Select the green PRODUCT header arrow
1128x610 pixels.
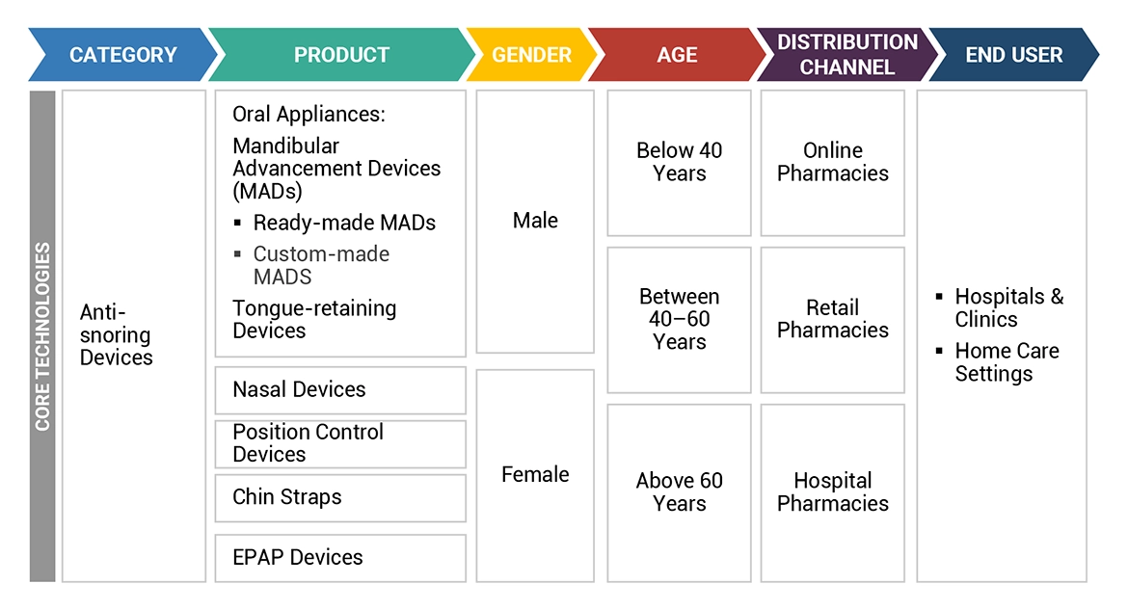click(x=341, y=55)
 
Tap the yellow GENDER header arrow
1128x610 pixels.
click(x=531, y=55)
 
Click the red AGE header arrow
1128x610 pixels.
click(x=677, y=55)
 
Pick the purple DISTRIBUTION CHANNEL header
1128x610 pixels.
click(x=835, y=55)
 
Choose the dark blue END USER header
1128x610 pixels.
click(x=1013, y=55)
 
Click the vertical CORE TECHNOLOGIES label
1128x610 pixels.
click(x=42, y=336)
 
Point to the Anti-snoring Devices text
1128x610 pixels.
click(x=116, y=335)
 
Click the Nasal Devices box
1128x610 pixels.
click(x=339, y=390)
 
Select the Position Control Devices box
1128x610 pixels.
click(x=339, y=443)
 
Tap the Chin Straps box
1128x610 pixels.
click(x=339, y=497)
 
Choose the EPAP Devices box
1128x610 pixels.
click(x=339, y=557)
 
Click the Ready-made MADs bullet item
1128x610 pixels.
click(x=343, y=223)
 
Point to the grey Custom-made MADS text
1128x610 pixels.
click(x=321, y=265)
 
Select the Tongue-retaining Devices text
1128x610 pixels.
click(x=314, y=319)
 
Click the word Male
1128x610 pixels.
click(x=535, y=221)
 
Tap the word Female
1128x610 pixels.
click(x=535, y=474)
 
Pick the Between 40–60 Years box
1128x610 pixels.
click(x=679, y=319)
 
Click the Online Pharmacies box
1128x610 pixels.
click(x=833, y=162)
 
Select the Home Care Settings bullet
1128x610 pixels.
click(x=1006, y=362)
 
